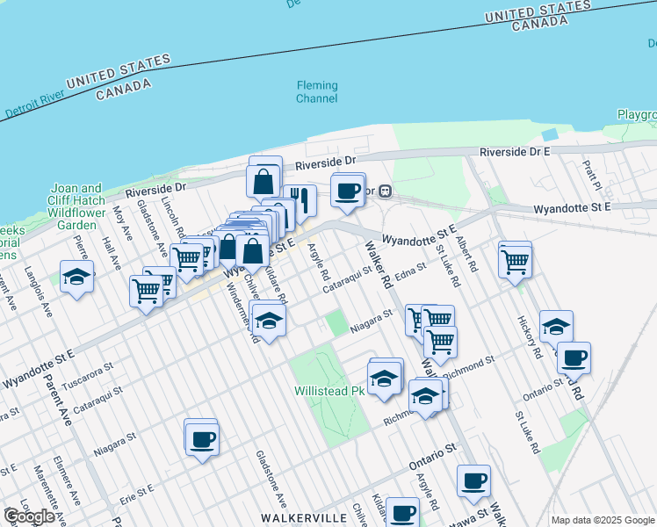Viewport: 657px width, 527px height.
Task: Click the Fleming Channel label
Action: coord(316,92)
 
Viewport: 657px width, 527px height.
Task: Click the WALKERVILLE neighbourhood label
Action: coord(303,517)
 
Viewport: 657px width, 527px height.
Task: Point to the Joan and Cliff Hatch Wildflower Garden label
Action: coord(77,206)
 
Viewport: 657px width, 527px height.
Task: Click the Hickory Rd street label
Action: coord(528,336)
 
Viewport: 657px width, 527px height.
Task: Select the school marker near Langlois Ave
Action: coord(77,277)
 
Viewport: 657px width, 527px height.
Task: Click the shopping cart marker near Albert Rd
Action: coord(515,259)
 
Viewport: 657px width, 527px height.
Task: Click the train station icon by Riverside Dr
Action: coord(385,191)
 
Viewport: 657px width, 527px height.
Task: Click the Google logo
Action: coord(30,516)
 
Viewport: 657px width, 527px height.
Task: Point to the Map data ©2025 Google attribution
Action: coord(603,520)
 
